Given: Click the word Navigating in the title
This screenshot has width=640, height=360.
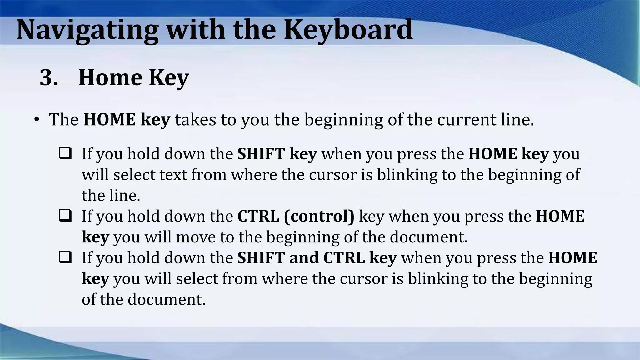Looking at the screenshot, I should [x=87, y=30].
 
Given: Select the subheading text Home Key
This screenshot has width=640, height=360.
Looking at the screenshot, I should [x=133, y=77].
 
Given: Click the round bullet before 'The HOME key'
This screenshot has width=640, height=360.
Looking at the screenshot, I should [x=37, y=120].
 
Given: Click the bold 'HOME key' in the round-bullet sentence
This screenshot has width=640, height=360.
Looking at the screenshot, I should [x=127, y=120].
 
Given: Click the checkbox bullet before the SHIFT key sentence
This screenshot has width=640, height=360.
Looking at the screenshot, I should [x=65, y=153].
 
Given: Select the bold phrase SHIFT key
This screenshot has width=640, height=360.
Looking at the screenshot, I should [x=277, y=154].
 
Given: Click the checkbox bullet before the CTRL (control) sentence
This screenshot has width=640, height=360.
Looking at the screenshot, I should [x=65, y=216].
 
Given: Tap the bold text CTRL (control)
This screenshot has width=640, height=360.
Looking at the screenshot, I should [x=296, y=216].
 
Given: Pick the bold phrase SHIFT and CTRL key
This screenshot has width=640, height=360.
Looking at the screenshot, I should [x=317, y=258].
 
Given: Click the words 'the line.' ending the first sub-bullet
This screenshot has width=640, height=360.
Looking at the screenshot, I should [x=111, y=195].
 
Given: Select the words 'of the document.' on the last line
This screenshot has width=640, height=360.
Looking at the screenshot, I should [x=143, y=299].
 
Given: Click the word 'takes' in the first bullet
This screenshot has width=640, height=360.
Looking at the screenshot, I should [x=195, y=120].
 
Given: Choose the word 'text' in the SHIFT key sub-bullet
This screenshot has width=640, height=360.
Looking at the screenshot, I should [x=173, y=174].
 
